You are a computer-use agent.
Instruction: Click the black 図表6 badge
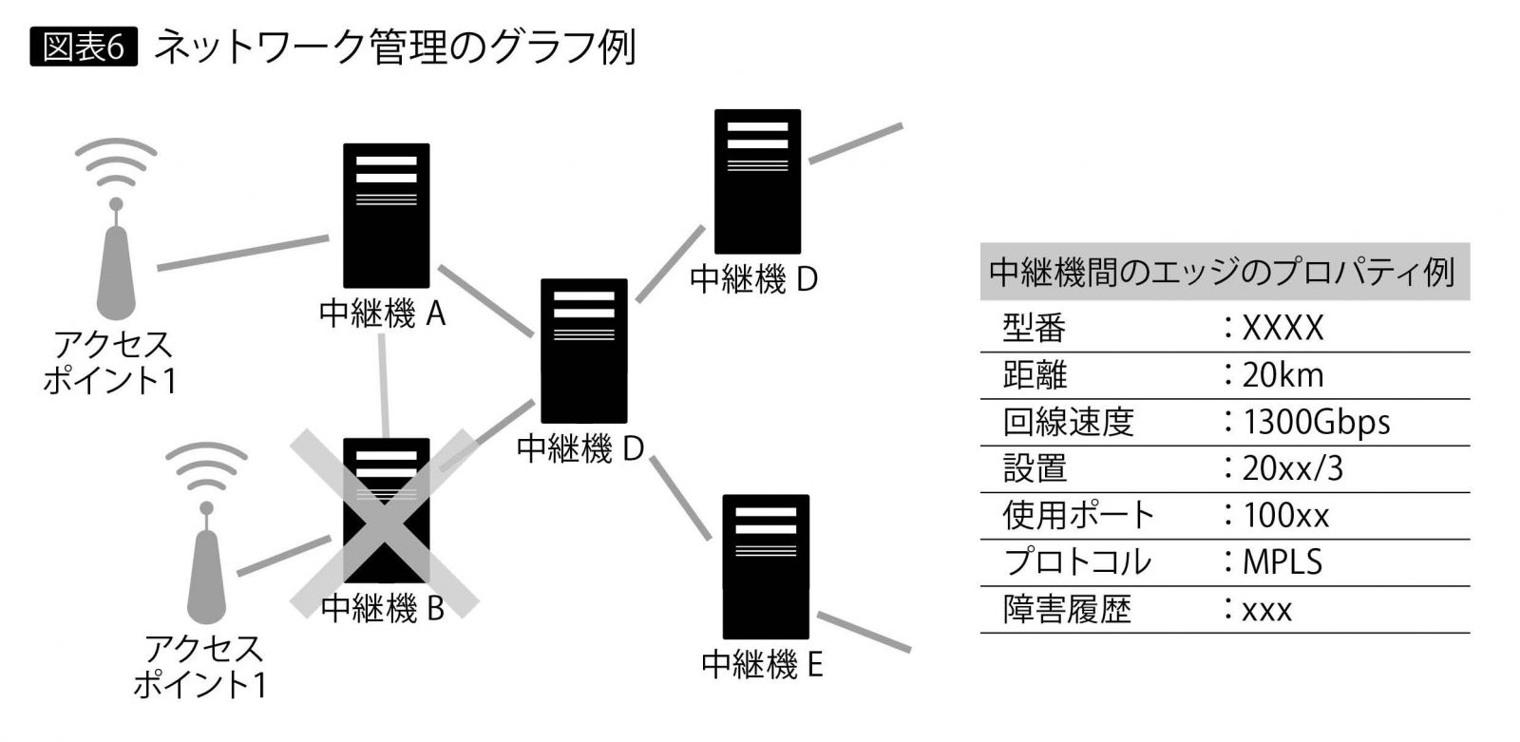84,47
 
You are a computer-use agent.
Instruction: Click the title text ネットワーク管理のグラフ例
394,47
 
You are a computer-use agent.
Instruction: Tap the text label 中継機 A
382,314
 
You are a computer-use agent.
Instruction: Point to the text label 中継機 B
383,608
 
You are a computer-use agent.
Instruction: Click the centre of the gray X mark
384,523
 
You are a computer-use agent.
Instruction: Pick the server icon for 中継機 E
766,566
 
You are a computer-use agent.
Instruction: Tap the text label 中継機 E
762,664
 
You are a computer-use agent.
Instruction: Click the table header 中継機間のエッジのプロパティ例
1222,273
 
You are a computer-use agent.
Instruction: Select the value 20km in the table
1282,375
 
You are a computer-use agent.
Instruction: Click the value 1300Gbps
1316,422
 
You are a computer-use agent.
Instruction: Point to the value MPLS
1282,561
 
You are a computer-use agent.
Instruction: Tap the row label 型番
1034,329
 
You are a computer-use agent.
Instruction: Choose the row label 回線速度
1068,422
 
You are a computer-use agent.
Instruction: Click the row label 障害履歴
1067,609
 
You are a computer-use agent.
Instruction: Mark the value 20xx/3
1292,468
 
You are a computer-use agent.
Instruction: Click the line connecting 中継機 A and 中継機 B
383,385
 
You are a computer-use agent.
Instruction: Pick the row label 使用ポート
1077,515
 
